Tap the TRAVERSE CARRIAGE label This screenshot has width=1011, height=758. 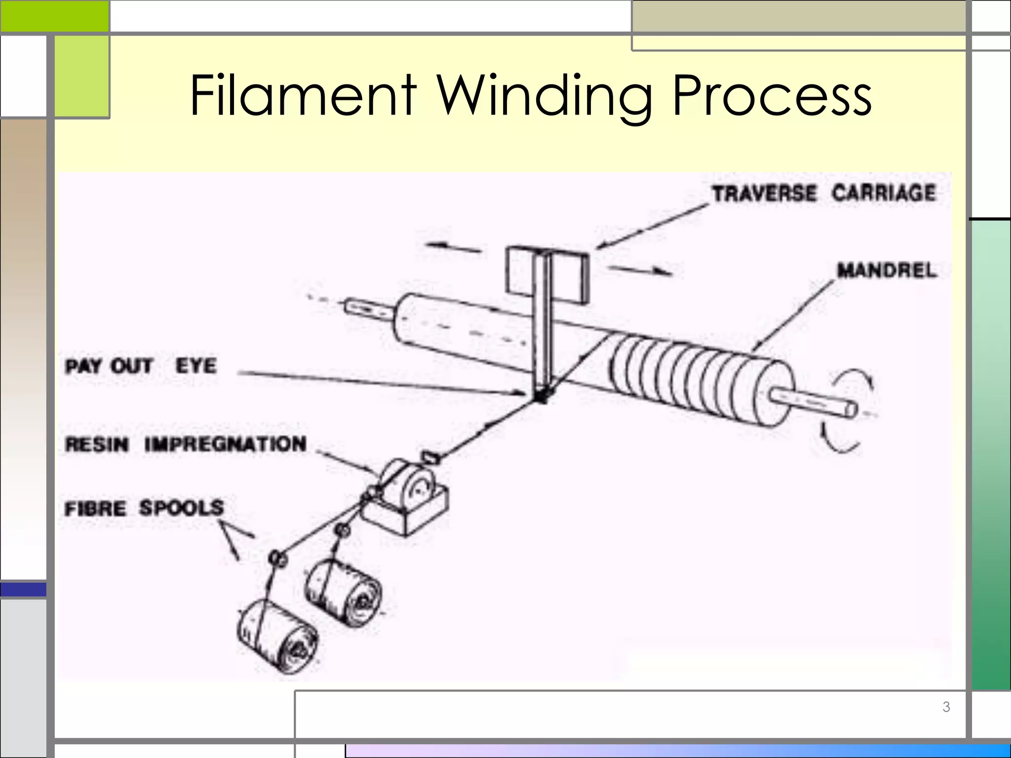823,192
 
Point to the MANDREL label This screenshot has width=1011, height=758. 886,270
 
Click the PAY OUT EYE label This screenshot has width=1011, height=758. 141,366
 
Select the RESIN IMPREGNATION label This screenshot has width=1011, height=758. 186,444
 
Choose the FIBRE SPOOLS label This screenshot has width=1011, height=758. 144,508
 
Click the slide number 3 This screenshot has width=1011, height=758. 946,707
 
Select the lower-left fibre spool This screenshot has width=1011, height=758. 277,636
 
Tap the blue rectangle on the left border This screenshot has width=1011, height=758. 23,589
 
